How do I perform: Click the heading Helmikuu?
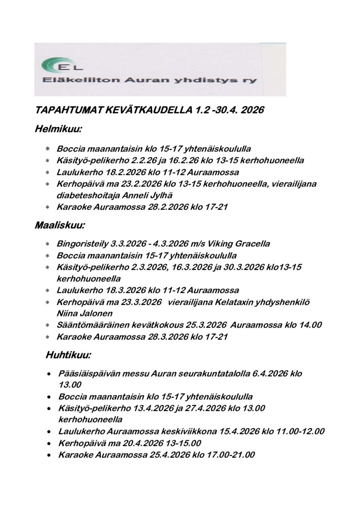pos(58,130)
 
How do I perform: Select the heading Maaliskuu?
pos(60,226)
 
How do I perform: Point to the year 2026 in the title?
pos(252,110)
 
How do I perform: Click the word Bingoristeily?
pos(82,244)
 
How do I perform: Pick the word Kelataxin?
pos(233,302)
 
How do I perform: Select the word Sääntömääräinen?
pos(91,325)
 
